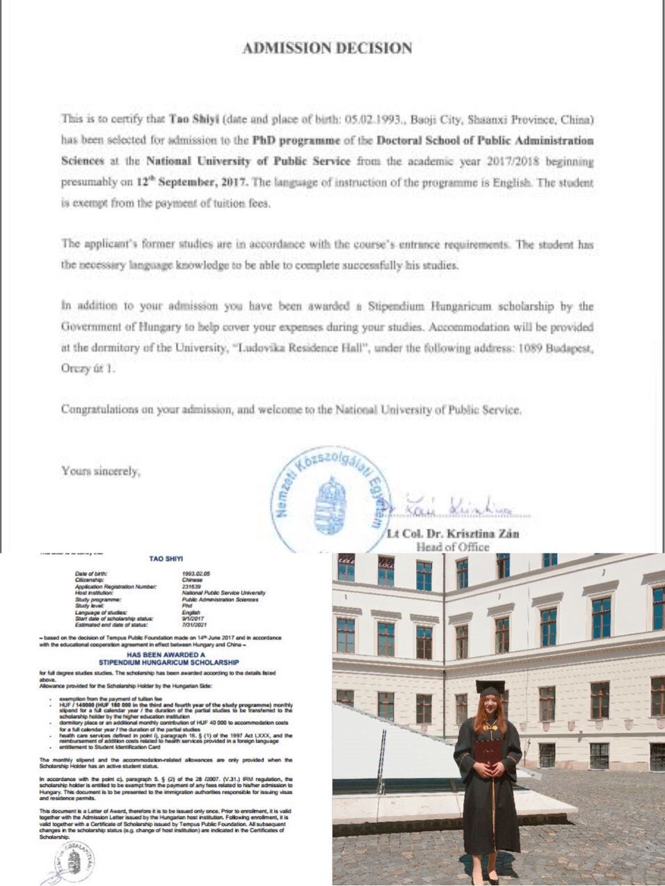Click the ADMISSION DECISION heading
tap(327, 48)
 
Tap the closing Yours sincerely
tap(101, 471)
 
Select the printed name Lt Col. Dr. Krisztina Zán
tap(453, 534)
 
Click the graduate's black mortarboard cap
tap(490, 689)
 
